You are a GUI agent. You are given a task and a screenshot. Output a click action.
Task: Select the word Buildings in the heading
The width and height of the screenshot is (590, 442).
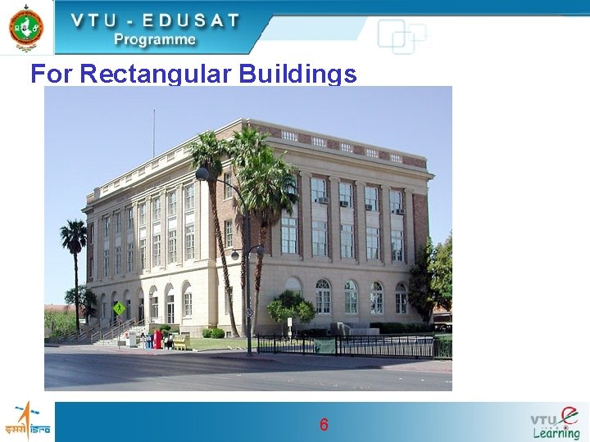point(298,75)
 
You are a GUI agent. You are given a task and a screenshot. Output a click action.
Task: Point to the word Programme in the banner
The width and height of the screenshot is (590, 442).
point(155,39)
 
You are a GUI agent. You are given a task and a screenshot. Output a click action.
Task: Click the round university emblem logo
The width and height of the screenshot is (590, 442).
point(26,27)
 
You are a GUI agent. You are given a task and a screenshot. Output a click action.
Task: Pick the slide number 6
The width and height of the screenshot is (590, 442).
point(324,425)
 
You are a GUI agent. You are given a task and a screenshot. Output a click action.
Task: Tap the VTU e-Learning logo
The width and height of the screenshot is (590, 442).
point(555,422)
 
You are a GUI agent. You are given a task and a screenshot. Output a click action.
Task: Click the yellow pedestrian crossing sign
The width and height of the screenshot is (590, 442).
point(120,309)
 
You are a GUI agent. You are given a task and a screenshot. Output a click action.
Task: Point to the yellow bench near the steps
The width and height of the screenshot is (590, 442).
point(179,341)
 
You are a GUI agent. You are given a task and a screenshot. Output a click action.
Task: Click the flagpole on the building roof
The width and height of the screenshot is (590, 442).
point(153,133)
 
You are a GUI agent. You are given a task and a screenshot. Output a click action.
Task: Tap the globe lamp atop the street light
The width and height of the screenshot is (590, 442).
point(202,174)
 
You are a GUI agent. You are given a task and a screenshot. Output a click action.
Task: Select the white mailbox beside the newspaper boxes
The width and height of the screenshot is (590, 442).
point(131,339)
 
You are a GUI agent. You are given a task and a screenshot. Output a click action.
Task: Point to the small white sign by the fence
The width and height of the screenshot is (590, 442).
point(289,323)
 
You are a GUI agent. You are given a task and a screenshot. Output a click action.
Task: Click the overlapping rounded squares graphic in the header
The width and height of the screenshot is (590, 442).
point(402,37)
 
